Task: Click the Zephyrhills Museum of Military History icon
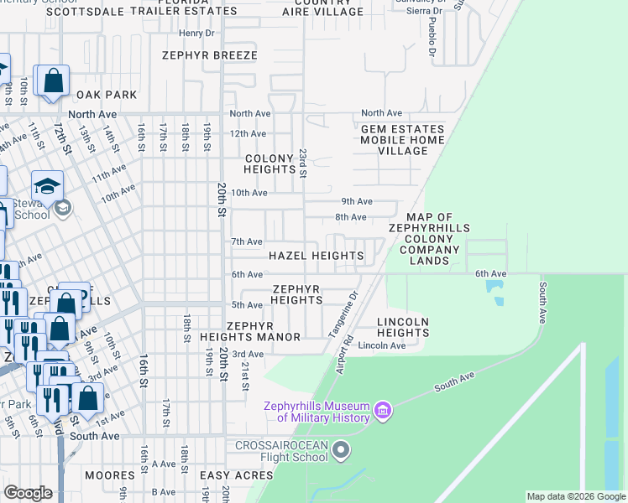click(x=384, y=411)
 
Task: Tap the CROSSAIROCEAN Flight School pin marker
click(x=341, y=451)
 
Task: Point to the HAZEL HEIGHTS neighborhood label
click(x=315, y=255)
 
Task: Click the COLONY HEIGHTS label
click(x=270, y=163)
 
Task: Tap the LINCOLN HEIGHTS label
click(x=403, y=327)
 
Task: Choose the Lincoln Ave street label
click(x=375, y=345)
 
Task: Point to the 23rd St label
click(x=303, y=164)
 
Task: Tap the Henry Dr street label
click(x=197, y=34)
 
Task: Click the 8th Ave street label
click(x=352, y=217)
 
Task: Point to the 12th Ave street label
click(x=248, y=133)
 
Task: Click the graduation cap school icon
click(x=48, y=185)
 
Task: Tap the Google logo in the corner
click(x=29, y=493)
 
